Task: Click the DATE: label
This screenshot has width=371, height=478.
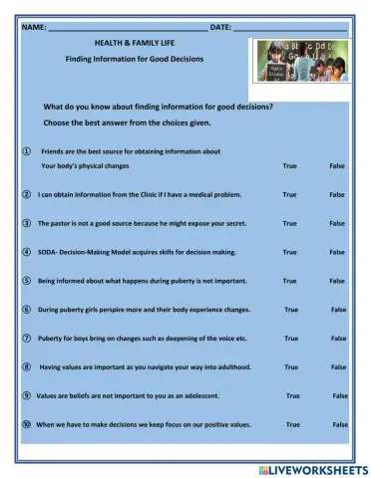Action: point(220,27)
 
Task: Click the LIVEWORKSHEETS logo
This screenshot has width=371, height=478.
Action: point(311,468)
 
